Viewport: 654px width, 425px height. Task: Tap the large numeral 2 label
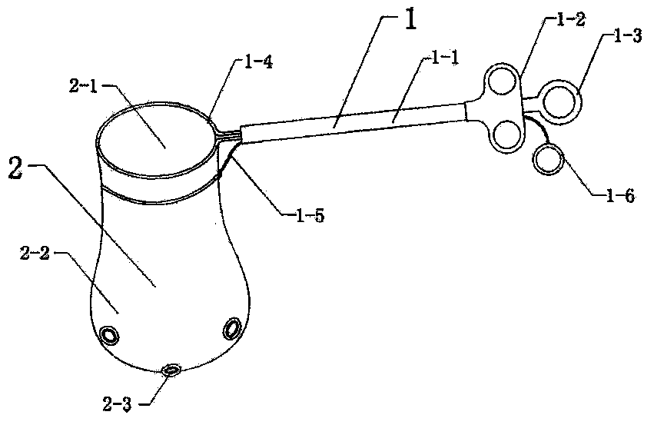(15, 169)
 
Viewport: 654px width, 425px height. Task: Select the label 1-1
(444, 58)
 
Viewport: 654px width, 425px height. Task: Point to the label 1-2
(570, 20)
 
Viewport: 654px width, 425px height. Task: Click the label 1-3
(628, 36)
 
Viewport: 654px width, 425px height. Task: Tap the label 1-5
(310, 216)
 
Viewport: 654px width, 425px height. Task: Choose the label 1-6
(620, 195)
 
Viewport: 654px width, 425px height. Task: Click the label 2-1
(84, 86)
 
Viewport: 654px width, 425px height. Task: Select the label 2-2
(35, 253)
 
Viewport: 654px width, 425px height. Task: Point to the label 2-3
(118, 404)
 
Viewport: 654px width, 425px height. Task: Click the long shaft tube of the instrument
(354, 123)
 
